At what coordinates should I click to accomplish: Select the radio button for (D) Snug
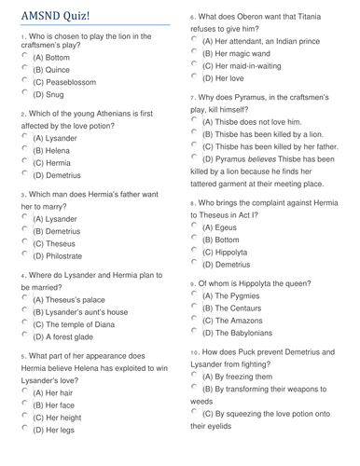[x=24, y=93]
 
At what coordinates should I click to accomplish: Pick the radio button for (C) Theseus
[x=24, y=241]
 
